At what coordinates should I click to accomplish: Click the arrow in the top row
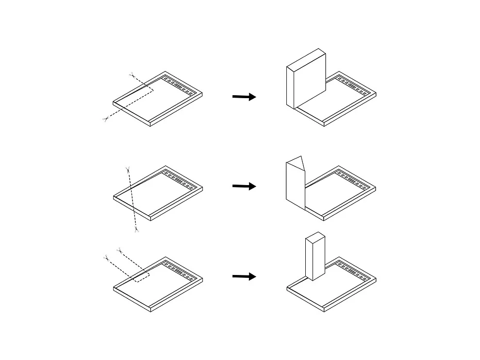coord(244,97)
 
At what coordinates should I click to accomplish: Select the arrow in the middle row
coord(244,186)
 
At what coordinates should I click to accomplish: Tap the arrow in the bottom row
coord(244,276)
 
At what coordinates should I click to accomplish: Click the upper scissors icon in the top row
coord(131,74)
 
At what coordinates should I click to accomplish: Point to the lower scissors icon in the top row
coord(105,119)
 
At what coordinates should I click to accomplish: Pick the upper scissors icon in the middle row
coord(127,169)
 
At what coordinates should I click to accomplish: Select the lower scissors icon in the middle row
coord(136,229)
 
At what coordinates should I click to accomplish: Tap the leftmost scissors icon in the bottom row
coord(106,257)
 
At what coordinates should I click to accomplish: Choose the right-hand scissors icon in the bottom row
coord(119,250)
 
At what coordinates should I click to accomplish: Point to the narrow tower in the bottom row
coord(314,257)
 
